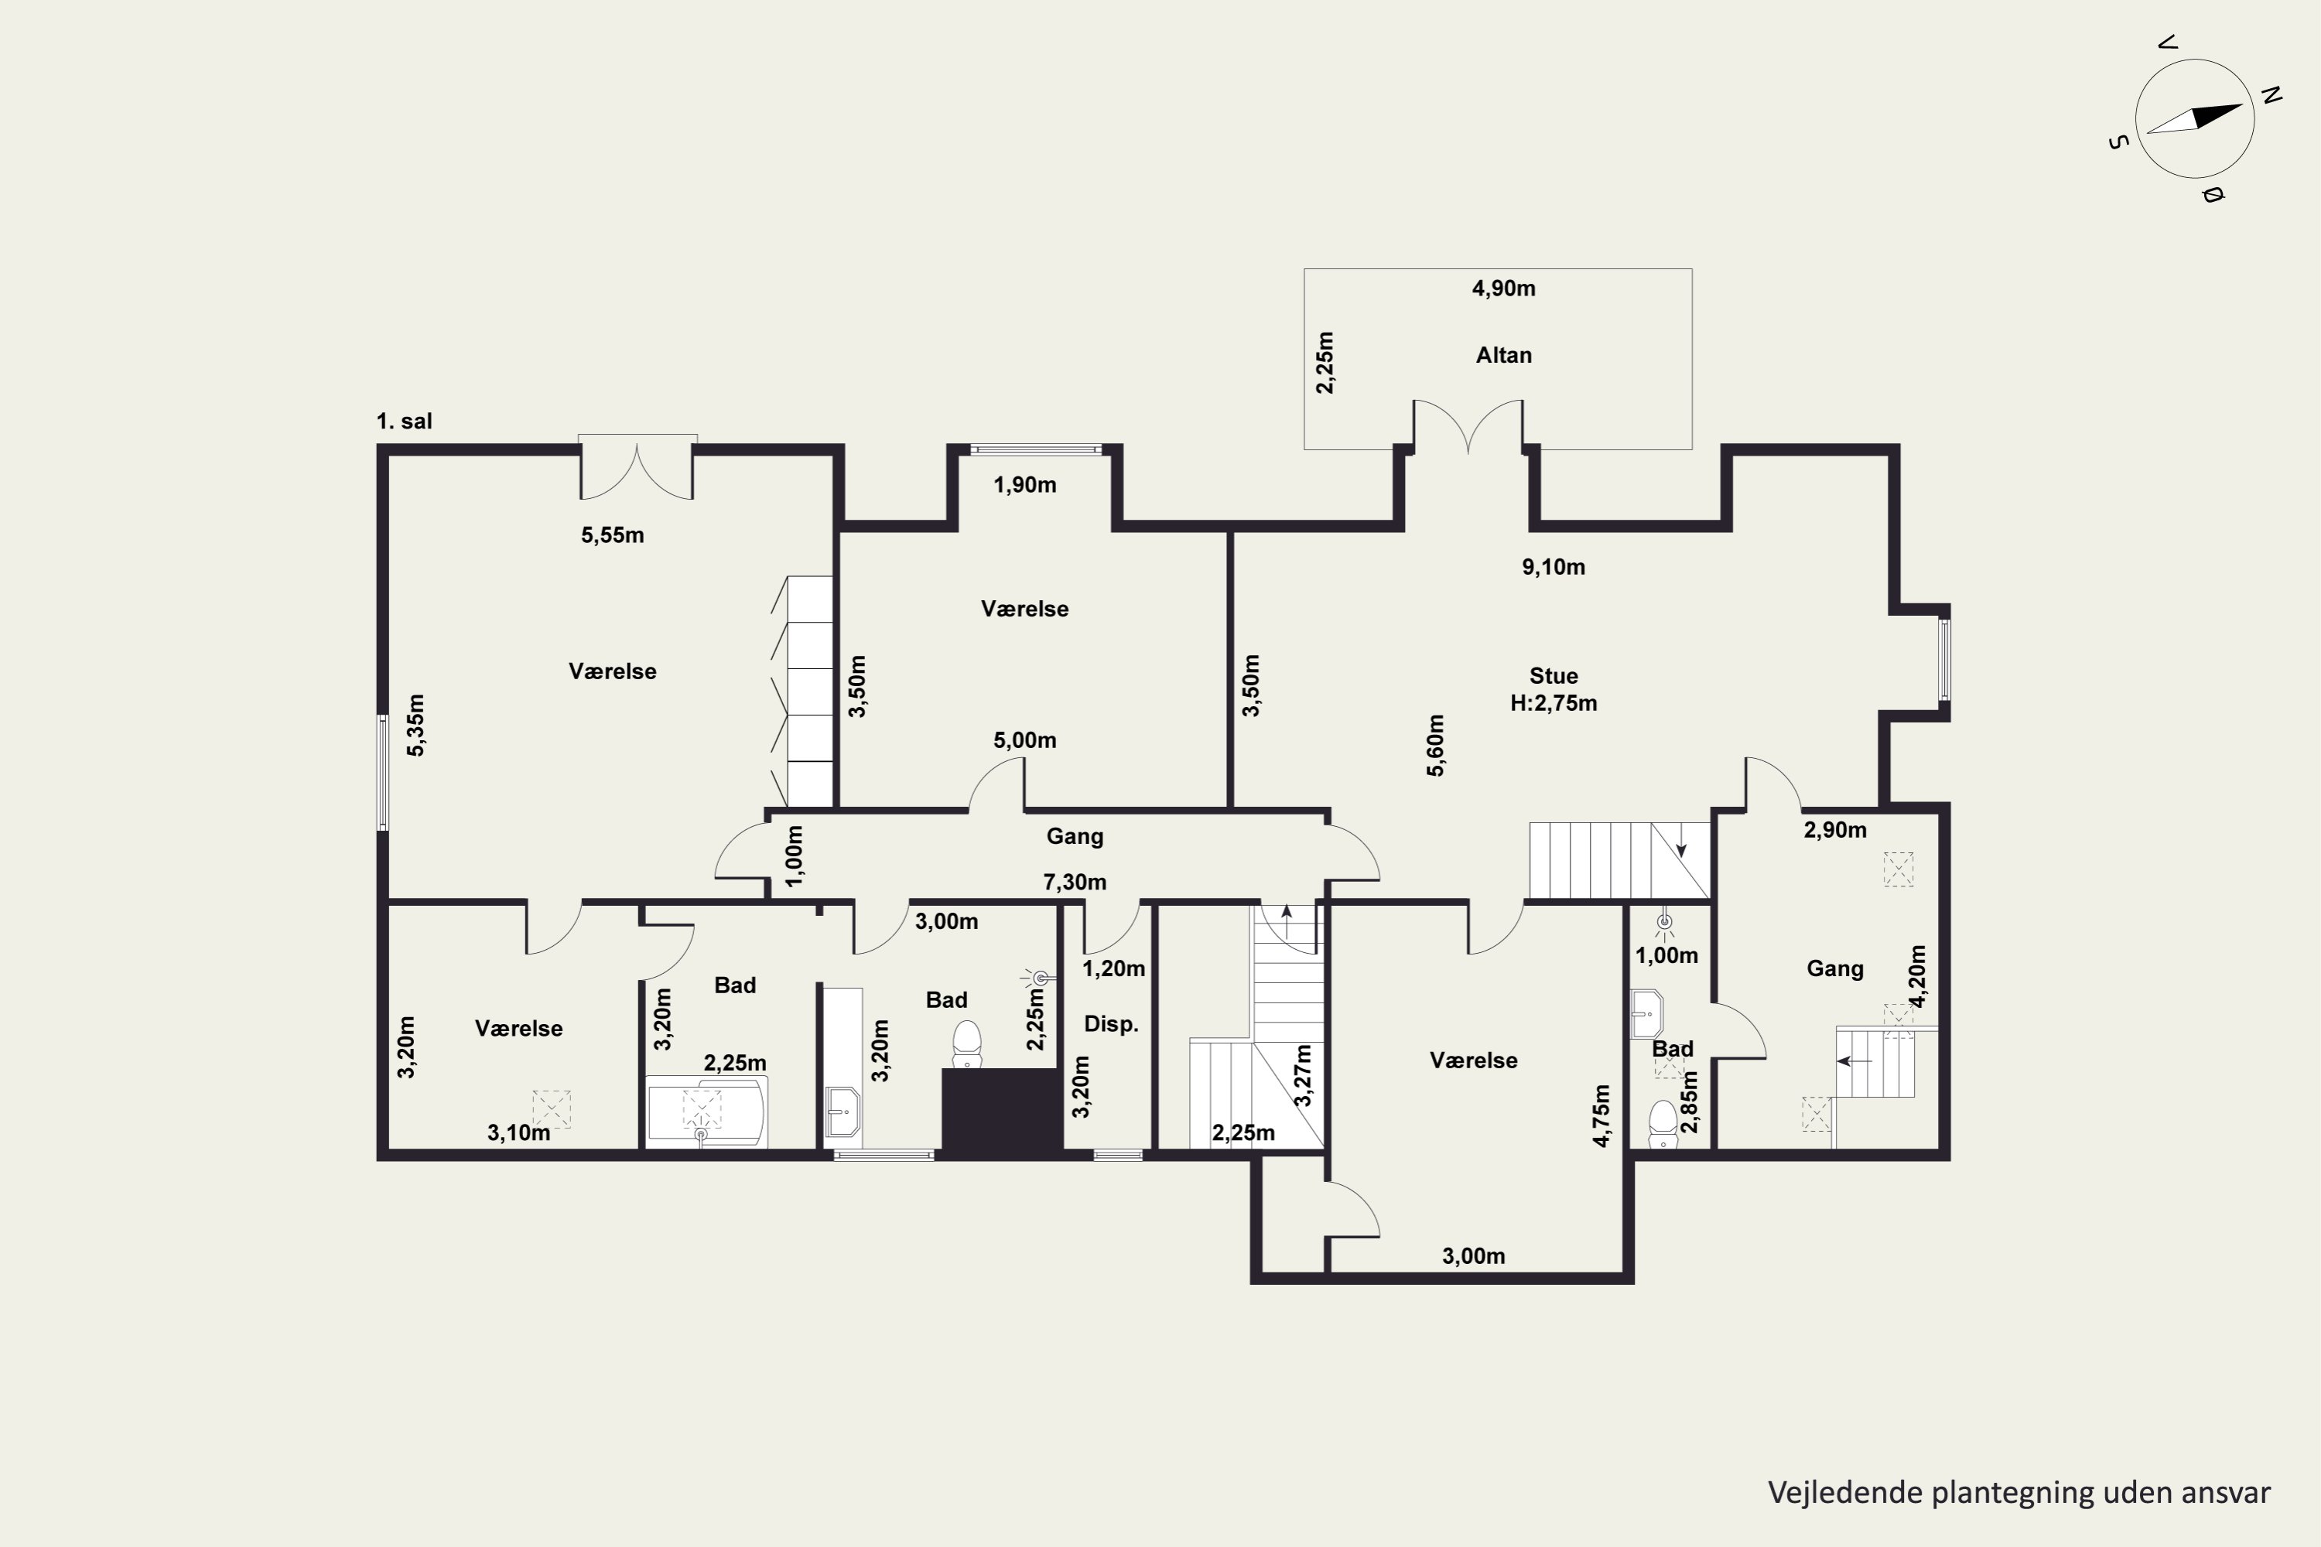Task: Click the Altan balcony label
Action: (1503, 355)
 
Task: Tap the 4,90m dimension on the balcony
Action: (1503, 288)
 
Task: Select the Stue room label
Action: (1554, 676)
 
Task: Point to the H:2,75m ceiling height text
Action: (1554, 703)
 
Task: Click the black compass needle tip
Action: (2243, 105)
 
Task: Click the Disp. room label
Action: (1111, 1024)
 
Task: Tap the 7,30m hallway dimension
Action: (1075, 882)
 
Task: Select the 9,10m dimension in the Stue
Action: (1554, 567)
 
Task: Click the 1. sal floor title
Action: (404, 422)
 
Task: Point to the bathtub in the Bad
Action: (706, 1112)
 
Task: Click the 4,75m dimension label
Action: (1601, 1116)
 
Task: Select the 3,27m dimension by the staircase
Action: (1304, 1075)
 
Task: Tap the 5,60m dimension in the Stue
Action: (1436, 746)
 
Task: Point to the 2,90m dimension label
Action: (1834, 831)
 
